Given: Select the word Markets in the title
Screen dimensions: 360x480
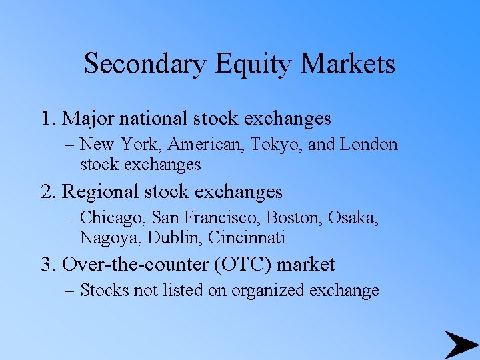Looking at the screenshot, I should tap(348, 64).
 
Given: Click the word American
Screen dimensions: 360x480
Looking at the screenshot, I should tap(208, 145).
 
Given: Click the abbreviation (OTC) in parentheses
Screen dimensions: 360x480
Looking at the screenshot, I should tap(238, 265).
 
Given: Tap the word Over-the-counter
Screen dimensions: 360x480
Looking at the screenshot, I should tap(136, 265).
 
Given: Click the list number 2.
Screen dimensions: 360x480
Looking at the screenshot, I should tap(47, 192).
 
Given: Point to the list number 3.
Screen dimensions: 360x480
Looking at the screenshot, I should tap(47, 265).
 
